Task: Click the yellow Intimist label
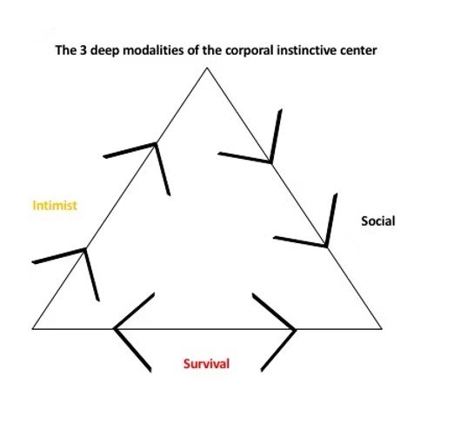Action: pyautogui.click(x=55, y=206)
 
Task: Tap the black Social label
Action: pyautogui.click(x=378, y=221)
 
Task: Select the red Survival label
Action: pyautogui.click(x=206, y=364)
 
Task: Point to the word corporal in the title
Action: pyautogui.click(x=250, y=51)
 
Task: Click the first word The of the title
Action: pyautogui.click(x=66, y=50)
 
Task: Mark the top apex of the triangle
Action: pyautogui.click(x=207, y=68)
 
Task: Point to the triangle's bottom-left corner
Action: pyautogui.click(x=32, y=329)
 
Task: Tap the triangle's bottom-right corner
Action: pyautogui.click(x=382, y=329)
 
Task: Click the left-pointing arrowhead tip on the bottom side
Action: pyautogui.click(x=114, y=329)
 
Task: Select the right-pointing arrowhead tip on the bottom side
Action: pyautogui.click(x=296, y=329)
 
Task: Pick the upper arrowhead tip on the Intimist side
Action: pyautogui.click(x=156, y=143)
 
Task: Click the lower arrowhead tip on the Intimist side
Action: pyautogui.click(x=85, y=248)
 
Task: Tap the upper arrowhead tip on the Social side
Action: pyautogui.click(x=270, y=162)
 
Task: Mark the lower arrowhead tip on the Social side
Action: pyautogui.click(x=326, y=247)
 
